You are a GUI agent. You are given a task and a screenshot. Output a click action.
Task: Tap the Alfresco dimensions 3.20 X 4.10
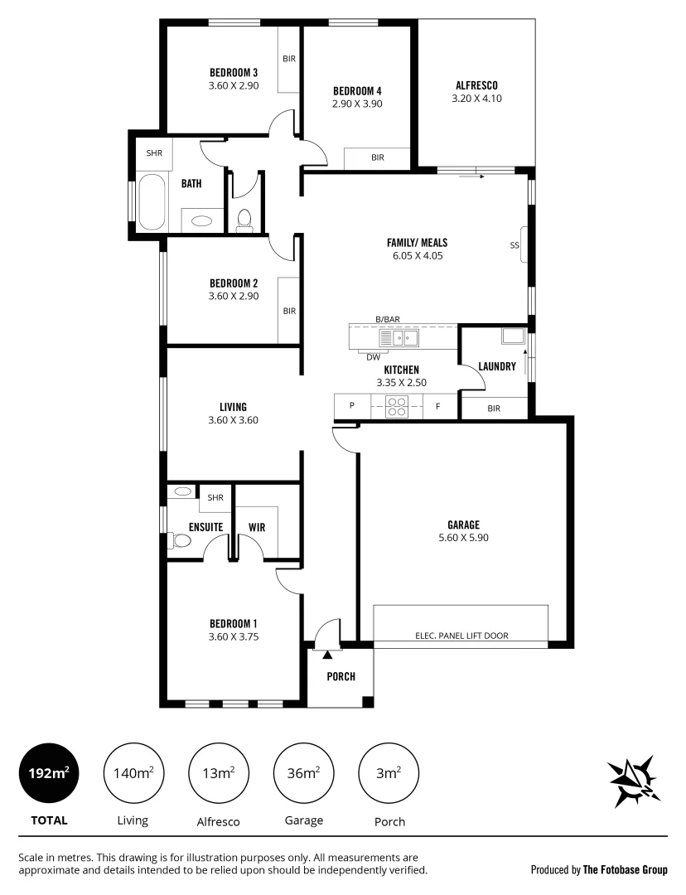tap(476, 98)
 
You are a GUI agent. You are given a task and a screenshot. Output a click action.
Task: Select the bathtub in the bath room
tap(151, 201)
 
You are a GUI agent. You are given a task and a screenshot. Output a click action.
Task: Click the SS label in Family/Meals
tap(514, 245)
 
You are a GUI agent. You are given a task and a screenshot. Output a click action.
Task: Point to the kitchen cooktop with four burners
tap(397, 407)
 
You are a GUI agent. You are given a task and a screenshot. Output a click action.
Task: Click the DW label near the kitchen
tap(373, 357)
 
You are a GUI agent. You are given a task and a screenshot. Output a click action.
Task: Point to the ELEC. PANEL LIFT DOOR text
tap(461, 636)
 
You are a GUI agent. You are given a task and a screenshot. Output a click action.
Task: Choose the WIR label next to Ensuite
tap(257, 527)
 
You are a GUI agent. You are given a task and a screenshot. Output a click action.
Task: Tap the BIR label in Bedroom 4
tap(377, 157)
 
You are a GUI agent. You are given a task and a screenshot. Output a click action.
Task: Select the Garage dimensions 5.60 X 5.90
tap(464, 537)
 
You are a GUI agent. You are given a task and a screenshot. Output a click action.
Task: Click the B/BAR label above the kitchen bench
tap(388, 319)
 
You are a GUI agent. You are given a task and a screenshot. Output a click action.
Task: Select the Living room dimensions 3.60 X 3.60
tap(233, 420)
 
